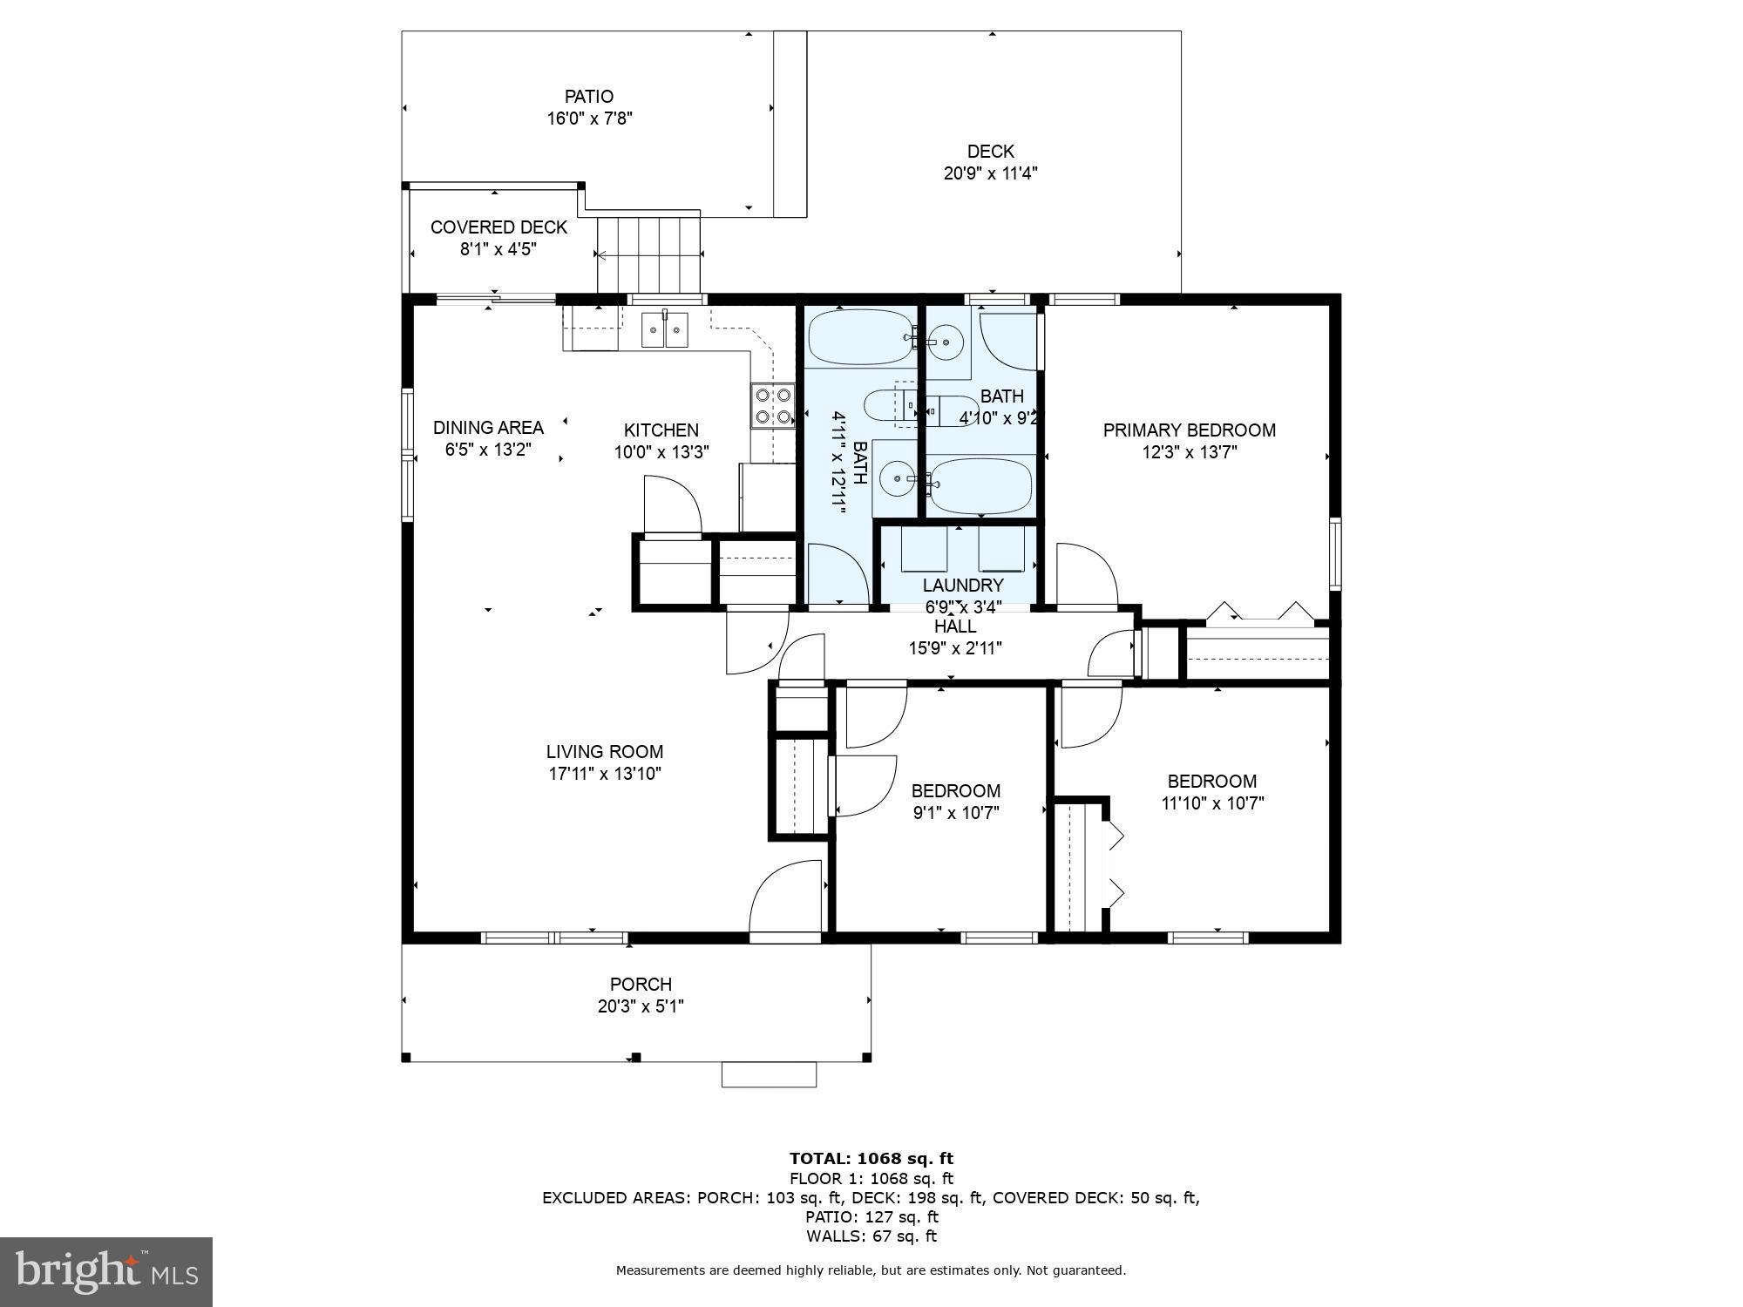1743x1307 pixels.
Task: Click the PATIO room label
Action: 589,97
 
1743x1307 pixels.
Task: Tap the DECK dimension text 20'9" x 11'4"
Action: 990,173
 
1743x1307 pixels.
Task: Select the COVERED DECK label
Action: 498,227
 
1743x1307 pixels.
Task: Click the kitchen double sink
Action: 664,330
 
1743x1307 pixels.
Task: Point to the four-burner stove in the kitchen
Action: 773,406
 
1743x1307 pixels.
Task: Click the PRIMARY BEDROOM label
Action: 1189,430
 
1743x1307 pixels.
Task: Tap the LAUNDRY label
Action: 963,586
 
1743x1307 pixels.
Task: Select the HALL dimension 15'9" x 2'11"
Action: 955,648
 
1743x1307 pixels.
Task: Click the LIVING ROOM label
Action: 604,752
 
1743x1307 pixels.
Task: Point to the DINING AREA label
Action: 488,428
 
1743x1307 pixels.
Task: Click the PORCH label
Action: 641,985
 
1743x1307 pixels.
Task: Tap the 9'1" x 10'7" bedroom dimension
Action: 955,813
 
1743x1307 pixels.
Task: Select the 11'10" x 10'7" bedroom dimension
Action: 1212,803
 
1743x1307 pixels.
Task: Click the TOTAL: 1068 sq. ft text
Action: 871,1159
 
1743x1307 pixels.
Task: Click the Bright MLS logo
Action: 105,1272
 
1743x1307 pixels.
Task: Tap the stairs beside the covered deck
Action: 648,254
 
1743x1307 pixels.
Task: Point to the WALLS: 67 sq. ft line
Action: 871,1236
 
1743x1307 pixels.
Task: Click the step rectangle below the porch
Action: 769,1074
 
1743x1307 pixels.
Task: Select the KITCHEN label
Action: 661,430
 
